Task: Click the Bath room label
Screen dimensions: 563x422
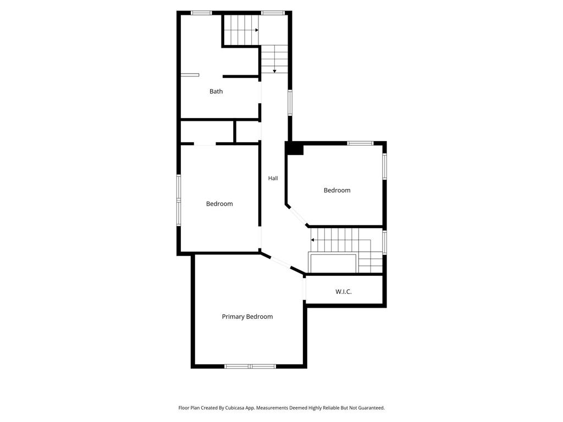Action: pyautogui.click(x=216, y=92)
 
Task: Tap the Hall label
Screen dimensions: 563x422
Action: pyautogui.click(x=273, y=178)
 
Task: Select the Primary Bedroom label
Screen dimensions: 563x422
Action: pyautogui.click(x=247, y=316)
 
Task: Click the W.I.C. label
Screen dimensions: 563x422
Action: pyautogui.click(x=343, y=292)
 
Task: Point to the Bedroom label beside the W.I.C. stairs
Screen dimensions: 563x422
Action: pyautogui.click(x=337, y=190)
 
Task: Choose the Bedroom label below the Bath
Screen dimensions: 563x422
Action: pyautogui.click(x=219, y=204)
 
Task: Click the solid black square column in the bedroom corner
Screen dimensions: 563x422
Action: pyautogui.click(x=295, y=148)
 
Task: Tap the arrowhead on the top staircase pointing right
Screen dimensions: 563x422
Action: pyautogui.click(x=257, y=30)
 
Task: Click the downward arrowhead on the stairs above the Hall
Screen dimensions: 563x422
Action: pyautogui.click(x=274, y=71)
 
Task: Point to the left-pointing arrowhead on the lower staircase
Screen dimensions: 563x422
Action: pyautogui.click(x=312, y=240)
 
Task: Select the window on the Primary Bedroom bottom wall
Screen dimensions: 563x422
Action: pyautogui.click(x=250, y=367)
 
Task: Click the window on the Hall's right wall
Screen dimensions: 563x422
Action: pyautogui.click(x=290, y=103)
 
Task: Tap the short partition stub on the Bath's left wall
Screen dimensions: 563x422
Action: pyautogui.click(x=190, y=75)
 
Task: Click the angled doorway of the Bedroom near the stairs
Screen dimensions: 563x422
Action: pyautogui.click(x=297, y=216)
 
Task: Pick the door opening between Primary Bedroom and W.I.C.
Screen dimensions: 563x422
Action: pyautogui.click(x=305, y=288)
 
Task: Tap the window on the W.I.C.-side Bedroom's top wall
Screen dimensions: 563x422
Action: pyautogui.click(x=360, y=143)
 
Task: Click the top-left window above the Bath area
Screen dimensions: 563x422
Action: pyautogui.click(x=201, y=13)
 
